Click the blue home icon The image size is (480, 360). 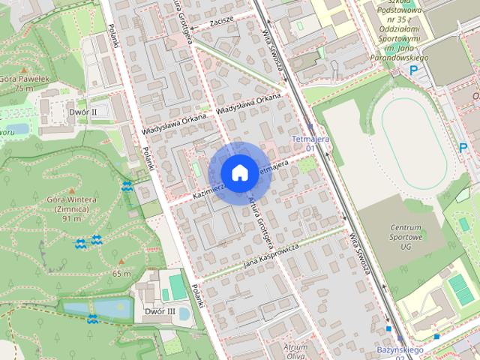[238, 173]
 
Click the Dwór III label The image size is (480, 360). [160, 311]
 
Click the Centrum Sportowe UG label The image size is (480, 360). [406, 236]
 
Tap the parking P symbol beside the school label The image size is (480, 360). [413, 70]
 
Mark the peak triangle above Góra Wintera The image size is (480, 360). [73, 190]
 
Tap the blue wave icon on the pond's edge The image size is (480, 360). [92, 319]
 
